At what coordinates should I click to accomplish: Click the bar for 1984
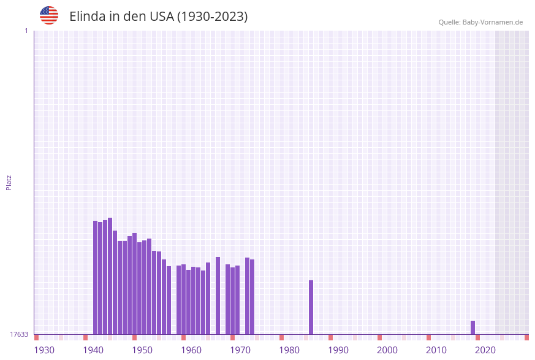311,307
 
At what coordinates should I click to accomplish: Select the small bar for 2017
472,327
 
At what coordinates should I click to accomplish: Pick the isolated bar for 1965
218,296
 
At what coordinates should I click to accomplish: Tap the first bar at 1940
95,277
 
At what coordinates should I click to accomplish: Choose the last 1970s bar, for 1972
252,297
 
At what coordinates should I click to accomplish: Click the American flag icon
49,15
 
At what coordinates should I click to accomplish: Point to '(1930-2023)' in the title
212,17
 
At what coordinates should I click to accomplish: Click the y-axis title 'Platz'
9,182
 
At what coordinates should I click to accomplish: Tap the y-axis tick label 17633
19,334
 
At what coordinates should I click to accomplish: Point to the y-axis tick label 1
26,31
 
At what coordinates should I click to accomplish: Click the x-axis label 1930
44,350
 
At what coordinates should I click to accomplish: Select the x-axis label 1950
142,350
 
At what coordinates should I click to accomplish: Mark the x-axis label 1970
240,350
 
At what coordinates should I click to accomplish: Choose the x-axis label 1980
289,350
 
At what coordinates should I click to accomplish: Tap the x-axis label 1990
338,350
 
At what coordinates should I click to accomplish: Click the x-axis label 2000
387,350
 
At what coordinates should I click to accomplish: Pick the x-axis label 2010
436,350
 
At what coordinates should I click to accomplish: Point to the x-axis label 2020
485,350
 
